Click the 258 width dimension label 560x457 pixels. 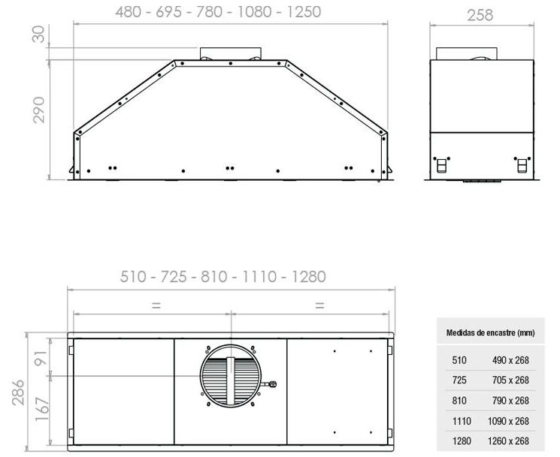(480, 15)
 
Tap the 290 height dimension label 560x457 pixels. (38, 110)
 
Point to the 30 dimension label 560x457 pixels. (38, 34)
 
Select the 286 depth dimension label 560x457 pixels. (18, 392)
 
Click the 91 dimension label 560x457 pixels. (41, 358)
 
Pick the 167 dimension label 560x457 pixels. (41, 408)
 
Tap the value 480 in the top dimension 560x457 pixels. (129, 12)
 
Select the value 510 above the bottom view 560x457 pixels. (133, 277)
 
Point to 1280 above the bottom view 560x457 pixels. (309, 277)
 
